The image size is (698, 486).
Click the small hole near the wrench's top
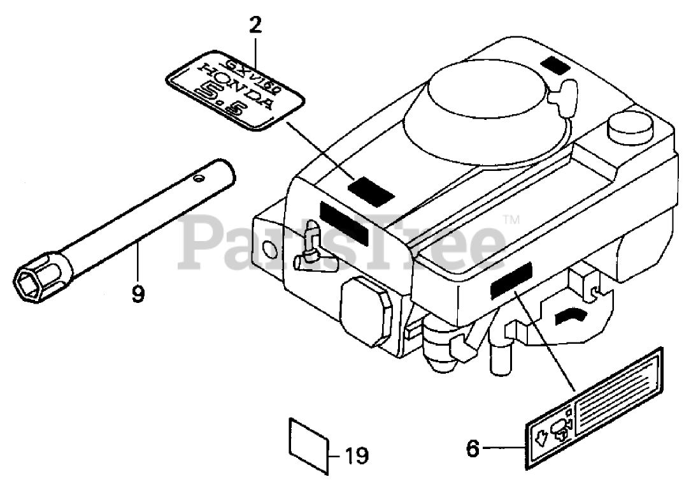pos(202,177)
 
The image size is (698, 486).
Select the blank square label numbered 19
pos(310,439)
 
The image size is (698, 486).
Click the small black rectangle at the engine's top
pos(552,64)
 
